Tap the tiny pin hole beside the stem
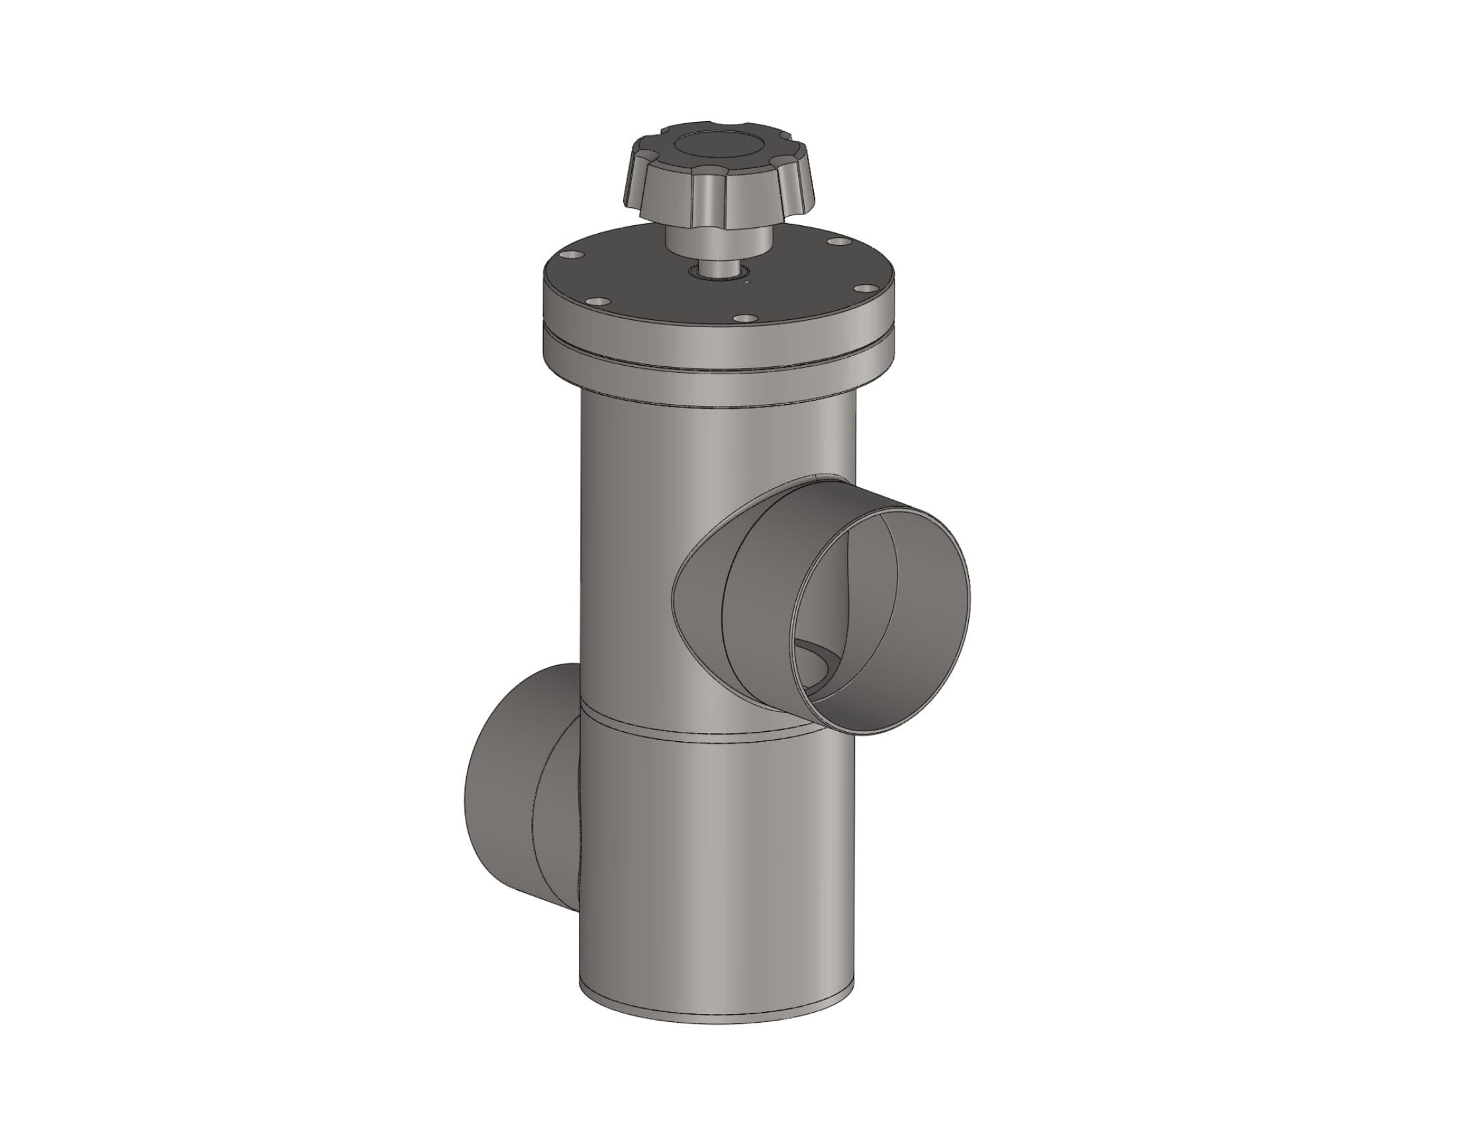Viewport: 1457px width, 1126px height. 748,282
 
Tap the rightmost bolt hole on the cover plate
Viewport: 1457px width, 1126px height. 864,288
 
